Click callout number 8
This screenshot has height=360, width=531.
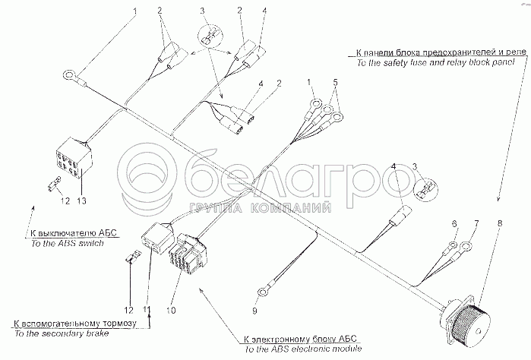tap(500, 223)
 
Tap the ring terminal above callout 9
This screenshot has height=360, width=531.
tap(263, 289)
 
